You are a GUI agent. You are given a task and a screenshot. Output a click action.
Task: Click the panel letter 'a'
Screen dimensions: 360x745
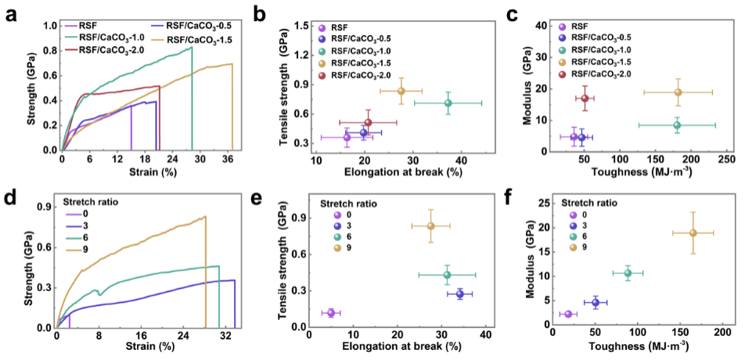[10, 13]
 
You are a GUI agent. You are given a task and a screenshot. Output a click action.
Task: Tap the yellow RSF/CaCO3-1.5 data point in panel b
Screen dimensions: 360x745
[401, 91]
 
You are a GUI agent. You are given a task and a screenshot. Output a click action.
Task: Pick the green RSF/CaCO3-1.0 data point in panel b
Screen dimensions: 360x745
[448, 103]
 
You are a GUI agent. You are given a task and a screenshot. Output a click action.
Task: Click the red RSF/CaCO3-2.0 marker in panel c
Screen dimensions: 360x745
[585, 98]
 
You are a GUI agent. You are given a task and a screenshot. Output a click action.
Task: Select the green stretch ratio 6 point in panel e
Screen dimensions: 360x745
[447, 275]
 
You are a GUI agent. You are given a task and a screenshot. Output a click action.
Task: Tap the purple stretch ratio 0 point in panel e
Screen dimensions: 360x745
[331, 313]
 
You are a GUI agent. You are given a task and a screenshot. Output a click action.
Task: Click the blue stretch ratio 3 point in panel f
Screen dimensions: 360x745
[596, 302]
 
